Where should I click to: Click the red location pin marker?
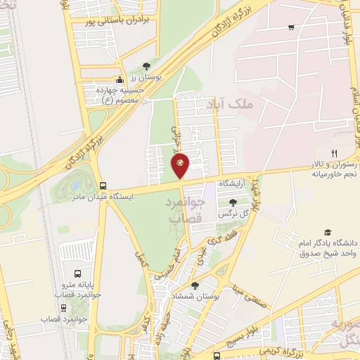[180, 165]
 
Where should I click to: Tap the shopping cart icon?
[290, 27]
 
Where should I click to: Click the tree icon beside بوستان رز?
[146, 65]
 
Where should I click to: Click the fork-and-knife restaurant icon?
[335, 153]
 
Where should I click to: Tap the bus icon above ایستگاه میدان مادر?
[104, 186]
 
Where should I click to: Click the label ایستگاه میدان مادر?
[70, 197]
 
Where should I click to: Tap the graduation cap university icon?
[327, 232]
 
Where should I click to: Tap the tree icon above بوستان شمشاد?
[195, 285]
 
